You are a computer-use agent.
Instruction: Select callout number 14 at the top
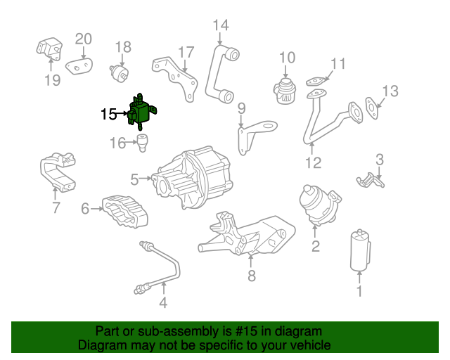[221, 26]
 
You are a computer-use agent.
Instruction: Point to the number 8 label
[252, 276]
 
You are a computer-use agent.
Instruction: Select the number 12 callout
[312, 163]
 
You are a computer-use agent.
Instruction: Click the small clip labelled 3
[371, 180]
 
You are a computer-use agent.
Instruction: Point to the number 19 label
[53, 79]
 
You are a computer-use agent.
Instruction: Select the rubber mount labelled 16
[142, 143]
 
